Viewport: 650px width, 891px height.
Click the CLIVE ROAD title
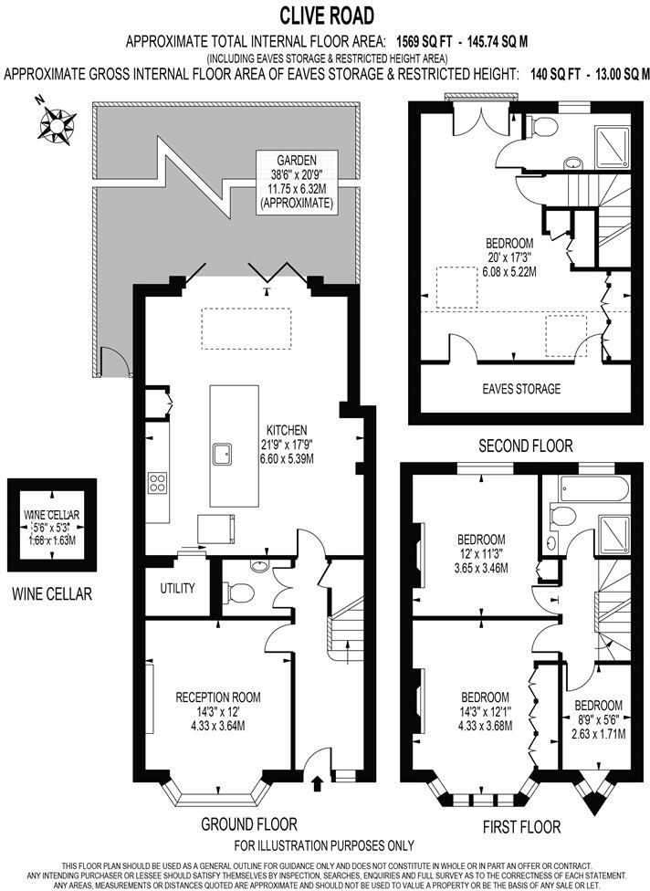point(326,16)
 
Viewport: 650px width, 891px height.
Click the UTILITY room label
point(177,588)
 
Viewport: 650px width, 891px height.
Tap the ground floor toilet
point(240,592)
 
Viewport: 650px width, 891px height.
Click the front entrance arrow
point(318,782)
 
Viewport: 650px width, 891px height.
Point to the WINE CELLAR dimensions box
point(51,528)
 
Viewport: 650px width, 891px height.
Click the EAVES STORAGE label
point(521,389)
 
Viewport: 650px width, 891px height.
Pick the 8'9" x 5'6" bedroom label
point(599,718)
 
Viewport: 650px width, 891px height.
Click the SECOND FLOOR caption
point(527,446)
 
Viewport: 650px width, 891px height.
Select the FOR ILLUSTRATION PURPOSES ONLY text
point(324,845)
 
